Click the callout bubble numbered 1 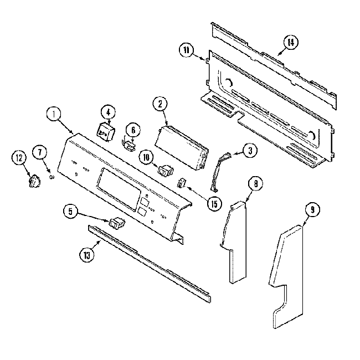(x=53, y=115)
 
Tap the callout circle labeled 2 (x=160, y=103)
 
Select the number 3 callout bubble (x=250, y=150)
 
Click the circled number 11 (x=187, y=50)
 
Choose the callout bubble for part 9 (x=312, y=210)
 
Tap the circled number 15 (x=212, y=203)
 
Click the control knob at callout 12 (x=35, y=181)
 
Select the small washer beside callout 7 (x=52, y=177)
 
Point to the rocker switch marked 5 (x=117, y=223)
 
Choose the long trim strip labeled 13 (x=150, y=263)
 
